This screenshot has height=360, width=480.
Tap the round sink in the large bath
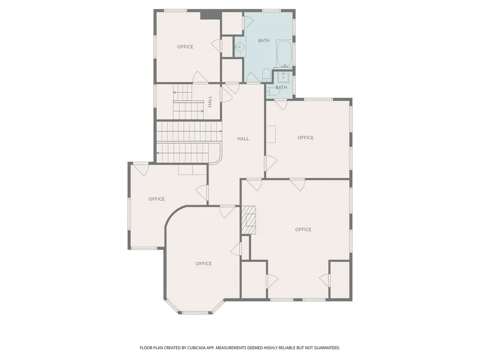pos(240,47)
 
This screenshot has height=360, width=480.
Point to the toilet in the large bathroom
pos(266,75)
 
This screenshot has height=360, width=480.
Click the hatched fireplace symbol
pos(249,219)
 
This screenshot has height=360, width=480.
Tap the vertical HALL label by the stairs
pos(210,101)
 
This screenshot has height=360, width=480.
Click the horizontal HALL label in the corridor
pos(243,139)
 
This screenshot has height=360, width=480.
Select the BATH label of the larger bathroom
pos(264,40)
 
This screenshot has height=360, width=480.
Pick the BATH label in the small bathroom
pos(281,87)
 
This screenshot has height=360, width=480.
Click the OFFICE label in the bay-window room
pos(203,263)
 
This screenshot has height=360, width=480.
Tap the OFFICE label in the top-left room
pos(185,46)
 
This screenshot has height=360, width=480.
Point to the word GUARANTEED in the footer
pos(328,348)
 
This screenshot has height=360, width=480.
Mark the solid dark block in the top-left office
pos(210,15)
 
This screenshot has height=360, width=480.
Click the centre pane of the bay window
pos(195,313)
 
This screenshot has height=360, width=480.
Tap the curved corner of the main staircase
pos(217,160)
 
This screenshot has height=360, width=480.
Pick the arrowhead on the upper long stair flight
pos(221,131)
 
